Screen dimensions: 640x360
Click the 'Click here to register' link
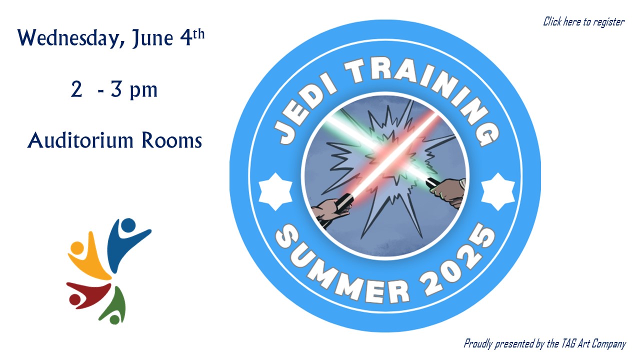tap(583, 22)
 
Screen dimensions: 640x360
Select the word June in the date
tap(152, 38)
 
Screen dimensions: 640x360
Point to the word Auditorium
tap(80, 140)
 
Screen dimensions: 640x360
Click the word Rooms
tap(171, 140)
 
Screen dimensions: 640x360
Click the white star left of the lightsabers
tap(275, 191)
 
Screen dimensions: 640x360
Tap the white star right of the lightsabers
tap(497, 191)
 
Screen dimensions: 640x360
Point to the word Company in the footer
tap(608, 344)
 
